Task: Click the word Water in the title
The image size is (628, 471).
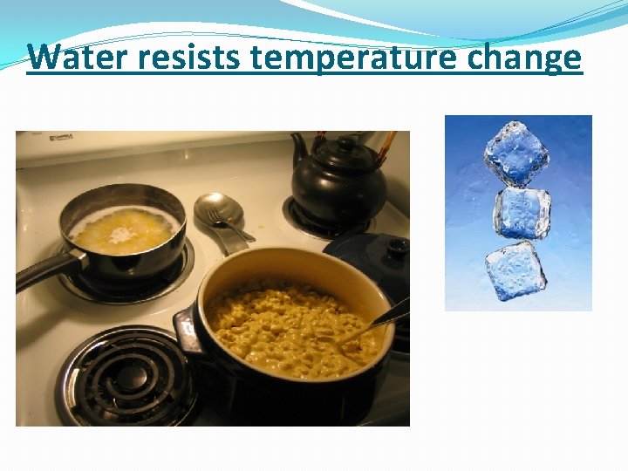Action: click(75, 58)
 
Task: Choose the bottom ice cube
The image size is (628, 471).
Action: click(515, 271)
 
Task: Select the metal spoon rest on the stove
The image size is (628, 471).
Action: click(220, 218)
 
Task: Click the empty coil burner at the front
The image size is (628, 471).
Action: click(130, 375)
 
